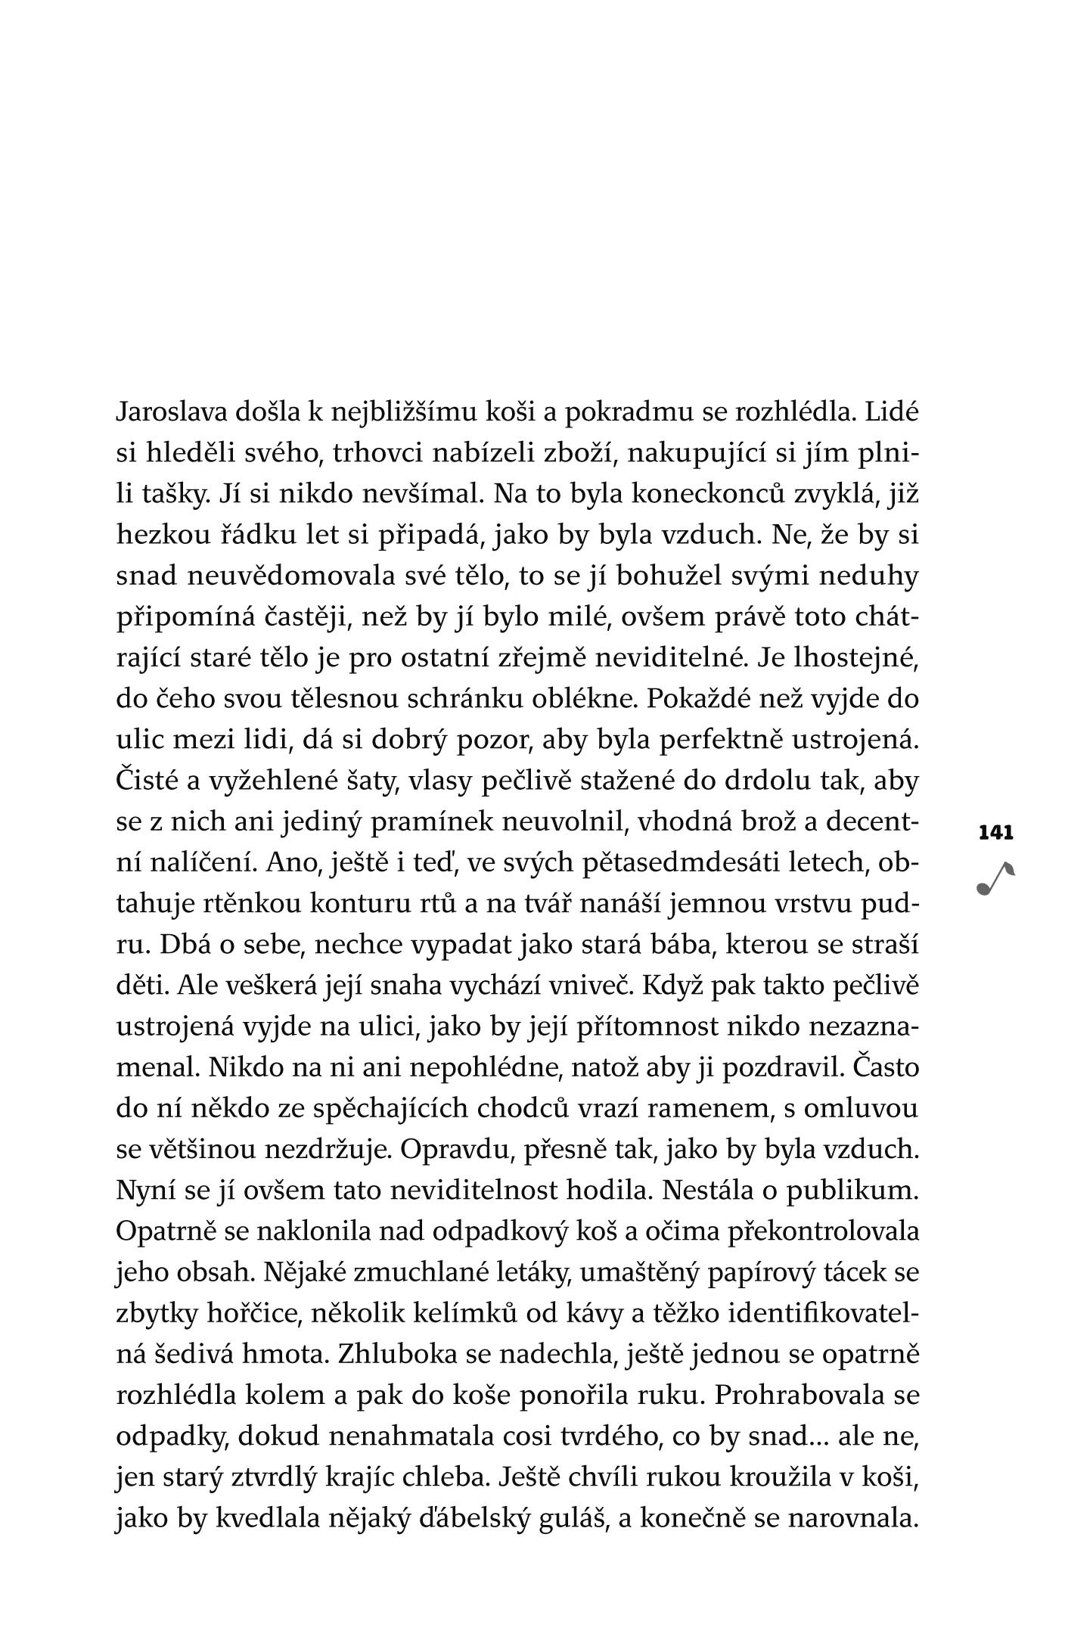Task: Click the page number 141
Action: tap(995, 834)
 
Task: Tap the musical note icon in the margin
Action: tap(994, 879)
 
